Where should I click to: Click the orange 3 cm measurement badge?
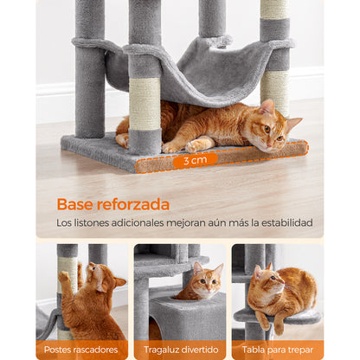pyautogui.click(x=195, y=160)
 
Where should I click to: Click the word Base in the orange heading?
pyautogui.click(x=75, y=204)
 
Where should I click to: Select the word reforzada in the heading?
pyautogui.click(x=133, y=204)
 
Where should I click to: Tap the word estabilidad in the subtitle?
pyautogui.click(x=287, y=222)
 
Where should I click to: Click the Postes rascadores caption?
pyautogui.click(x=80, y=350)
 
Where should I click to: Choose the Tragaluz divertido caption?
pyautogui.click(x=181, y=350)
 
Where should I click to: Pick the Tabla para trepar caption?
pyautogui.click(x=278, y=350)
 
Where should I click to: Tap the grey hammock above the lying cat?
pyautogui.click(x=199, y=72)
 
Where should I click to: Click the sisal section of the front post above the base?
pyautogui.click(x=145, y=103)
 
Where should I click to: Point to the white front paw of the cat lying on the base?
pyautogui.click(x=198, y=145)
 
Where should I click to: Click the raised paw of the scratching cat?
pyautogui.click(x=64, y=277)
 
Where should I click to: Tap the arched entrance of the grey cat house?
pyautogui.click(x=155, y=326)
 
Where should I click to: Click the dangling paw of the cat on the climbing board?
pyautogui.click(x=279, y=325)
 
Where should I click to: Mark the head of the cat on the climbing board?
pyautogui.click(x=267, y=281)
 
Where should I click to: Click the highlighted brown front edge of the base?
pyautogui.click(x=222, y=157)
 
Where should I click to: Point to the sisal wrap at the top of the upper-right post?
pyautogui.click(x=274, y=10)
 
